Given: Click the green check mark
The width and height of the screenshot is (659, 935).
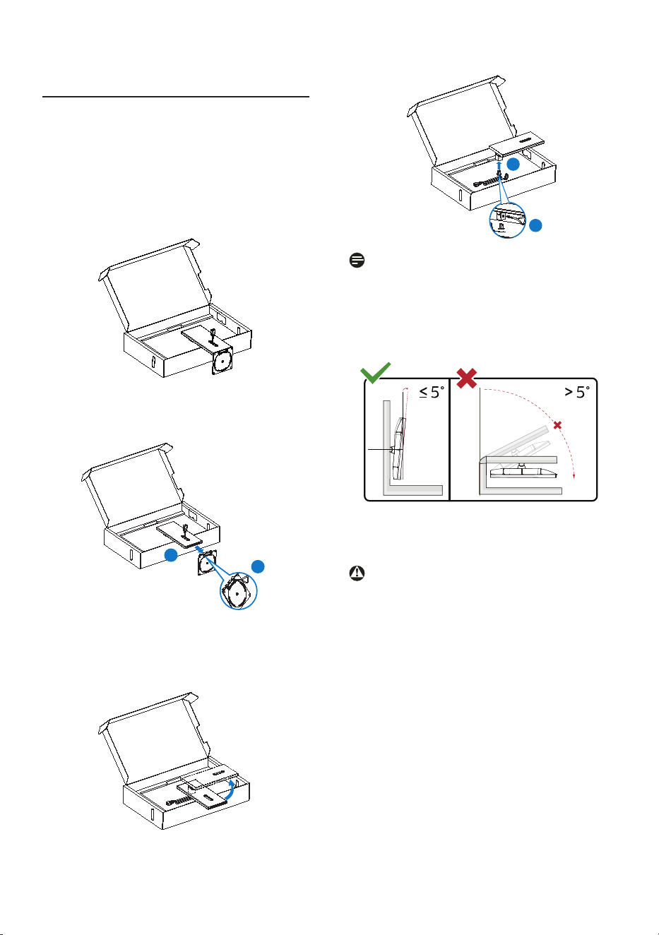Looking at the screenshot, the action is pos(375,373).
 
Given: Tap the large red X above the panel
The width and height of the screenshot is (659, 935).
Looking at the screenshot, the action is pos(467,379).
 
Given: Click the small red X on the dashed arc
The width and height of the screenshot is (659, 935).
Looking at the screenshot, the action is pos(557,425).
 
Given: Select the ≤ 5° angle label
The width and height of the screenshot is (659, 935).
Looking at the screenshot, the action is pos(432,393).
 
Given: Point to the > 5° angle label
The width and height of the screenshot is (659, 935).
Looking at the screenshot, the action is pos(577,393).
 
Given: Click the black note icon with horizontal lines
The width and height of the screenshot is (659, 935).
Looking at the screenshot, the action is pos(357,261).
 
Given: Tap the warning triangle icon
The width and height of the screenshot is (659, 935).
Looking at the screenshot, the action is pos(357,573).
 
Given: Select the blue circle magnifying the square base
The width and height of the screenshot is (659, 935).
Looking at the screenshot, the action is pos(239,590).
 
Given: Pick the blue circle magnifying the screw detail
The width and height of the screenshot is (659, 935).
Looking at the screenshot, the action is pos(507,220).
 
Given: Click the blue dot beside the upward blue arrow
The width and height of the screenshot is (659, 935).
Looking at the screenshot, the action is pos(513,165).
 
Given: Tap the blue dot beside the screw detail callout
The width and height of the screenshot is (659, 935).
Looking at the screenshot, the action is pos(536,225).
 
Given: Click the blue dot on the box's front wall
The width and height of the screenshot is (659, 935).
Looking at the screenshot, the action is pos(171,555).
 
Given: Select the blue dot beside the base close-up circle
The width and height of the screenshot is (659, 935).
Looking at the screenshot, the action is pos(258,566).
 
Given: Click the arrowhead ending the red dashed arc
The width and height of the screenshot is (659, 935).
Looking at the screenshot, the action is pos(574,475).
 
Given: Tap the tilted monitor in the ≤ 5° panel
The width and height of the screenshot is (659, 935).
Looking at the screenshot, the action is pos(398,448).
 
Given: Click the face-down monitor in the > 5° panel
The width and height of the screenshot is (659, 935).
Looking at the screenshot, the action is pos(524,471).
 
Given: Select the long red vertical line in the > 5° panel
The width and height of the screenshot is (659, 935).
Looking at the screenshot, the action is pos(480,441).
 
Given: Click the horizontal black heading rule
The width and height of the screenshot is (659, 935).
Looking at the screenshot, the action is pos(176,97).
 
